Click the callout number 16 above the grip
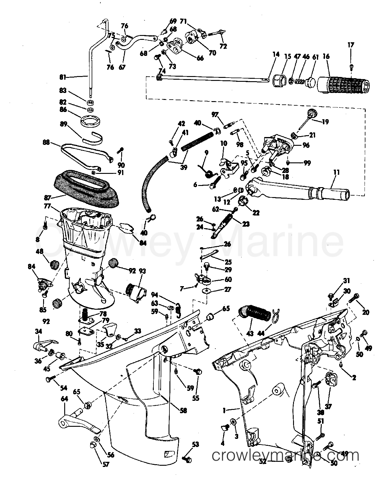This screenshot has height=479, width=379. (326, 56)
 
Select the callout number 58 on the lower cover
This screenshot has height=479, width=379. (183, 410)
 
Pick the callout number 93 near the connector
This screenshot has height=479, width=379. (142, 271)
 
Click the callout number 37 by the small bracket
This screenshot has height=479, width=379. (328, 406)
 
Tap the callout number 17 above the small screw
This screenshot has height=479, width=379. (351, 45)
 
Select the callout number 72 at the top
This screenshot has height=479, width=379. (223, 46)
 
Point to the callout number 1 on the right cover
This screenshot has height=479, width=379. (224, 410)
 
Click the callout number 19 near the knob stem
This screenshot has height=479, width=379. (325, 122)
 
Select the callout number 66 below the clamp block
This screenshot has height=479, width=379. (200, 59)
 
